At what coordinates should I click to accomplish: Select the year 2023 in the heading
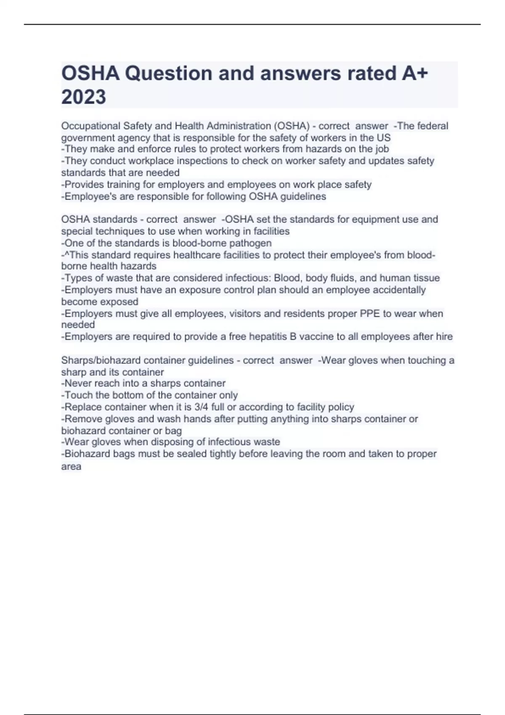84,97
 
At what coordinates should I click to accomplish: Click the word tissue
426,278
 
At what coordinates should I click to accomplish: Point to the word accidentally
400,290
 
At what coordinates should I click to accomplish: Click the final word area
71,466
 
